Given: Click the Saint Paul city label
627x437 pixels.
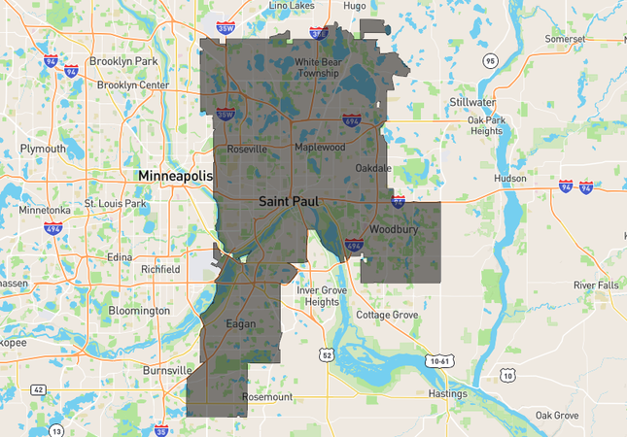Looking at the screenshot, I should pos(288,201).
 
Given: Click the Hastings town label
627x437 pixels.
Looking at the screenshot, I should pos(447,394).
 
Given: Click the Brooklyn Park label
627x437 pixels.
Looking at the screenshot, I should pos(123,61).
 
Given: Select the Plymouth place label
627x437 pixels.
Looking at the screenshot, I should pos(44,149).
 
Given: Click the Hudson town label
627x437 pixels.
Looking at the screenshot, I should pos(509,179).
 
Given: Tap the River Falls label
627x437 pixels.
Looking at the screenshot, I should pos(596,285).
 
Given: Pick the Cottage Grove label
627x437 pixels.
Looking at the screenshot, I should pos(387,316).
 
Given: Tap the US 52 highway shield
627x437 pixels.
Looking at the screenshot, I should pos(325,356).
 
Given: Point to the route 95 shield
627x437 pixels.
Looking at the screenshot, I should pos(490,61).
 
